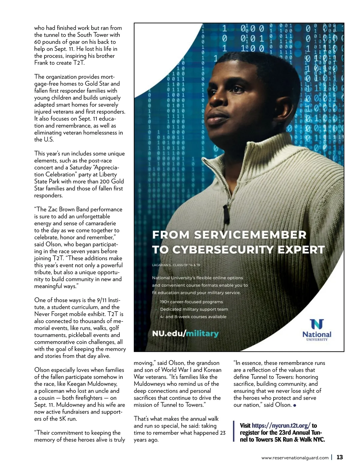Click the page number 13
coord(340,457)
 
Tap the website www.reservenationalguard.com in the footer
coord(295,458)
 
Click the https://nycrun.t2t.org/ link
coord(281,425)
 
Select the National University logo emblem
coord(317,324)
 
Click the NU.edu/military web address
coord(185,333)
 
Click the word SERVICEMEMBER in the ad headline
coord(250,234)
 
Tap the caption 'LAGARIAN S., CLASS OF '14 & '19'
coord(176,265)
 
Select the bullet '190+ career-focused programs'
coord(191,302)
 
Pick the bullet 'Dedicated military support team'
coord(194,309)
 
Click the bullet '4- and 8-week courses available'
coord(193,317)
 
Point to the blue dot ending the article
coord(295,405)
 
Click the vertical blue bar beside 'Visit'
coord(234,432)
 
